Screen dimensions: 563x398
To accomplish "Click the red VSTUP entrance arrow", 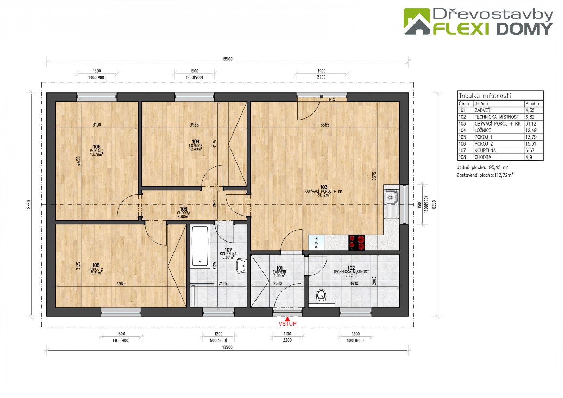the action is [x=287, y=319].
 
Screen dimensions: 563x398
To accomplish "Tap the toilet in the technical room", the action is [x=321, y=296].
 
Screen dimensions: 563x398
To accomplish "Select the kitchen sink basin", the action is [x=391, y=197].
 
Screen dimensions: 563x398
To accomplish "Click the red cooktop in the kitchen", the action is [x=356, y=243].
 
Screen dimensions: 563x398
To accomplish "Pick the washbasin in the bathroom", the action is [x=241, y=266].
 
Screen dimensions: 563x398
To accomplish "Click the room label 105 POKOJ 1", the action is [x=97, y=150].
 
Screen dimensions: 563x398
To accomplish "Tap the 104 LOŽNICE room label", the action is [x=196, y=145].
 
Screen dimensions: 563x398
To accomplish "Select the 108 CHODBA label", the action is [x=183, y=212].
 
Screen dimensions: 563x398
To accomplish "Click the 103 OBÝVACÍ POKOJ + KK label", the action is [x=324, y=191].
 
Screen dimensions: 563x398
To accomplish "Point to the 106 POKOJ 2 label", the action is [x=95, y=269].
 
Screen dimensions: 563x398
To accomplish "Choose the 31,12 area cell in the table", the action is [x=531, y=124].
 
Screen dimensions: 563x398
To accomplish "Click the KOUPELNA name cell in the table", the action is [x=485, y=150].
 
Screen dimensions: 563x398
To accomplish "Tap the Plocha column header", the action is [x=532, y=103].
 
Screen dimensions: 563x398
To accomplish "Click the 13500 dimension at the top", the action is [x=227, y=59].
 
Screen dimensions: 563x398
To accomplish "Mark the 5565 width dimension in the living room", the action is [x=325, y=124].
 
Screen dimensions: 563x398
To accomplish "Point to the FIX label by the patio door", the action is [x=332, y=100].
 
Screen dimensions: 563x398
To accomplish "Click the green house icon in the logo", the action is [x=417, y=21].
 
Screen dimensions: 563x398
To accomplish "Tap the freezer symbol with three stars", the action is [x=316, y=243].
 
